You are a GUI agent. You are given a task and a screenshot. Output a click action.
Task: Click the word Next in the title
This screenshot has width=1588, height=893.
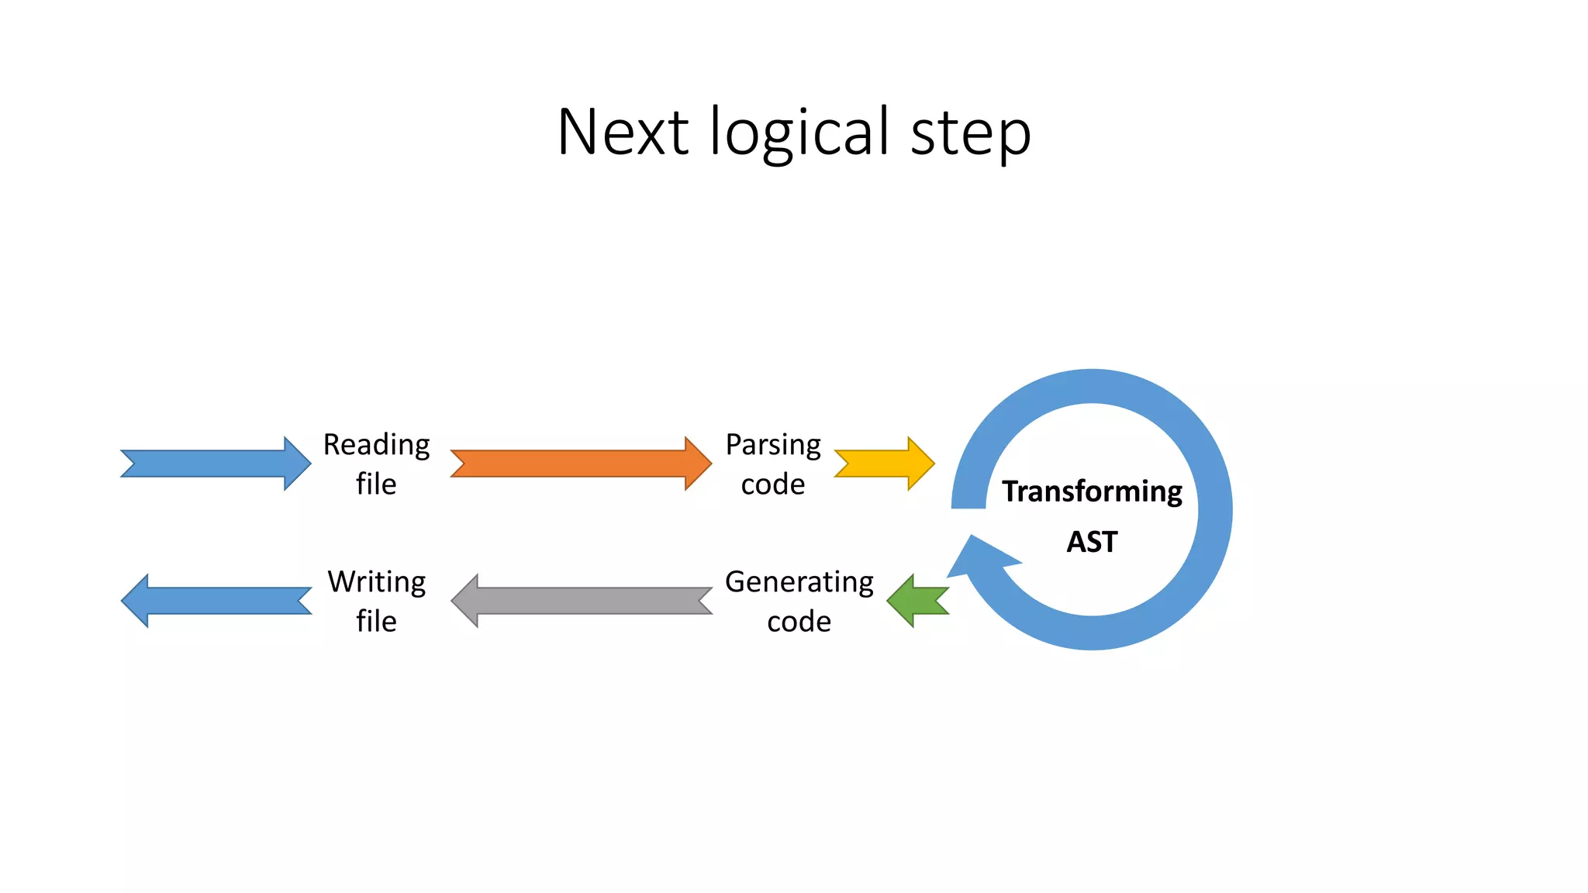(x=623, y=133)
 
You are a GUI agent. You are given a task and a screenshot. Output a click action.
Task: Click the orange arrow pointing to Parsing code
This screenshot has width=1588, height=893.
(x=580, y=464)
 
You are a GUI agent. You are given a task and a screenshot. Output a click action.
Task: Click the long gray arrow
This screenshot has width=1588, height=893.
(x=582, y=601)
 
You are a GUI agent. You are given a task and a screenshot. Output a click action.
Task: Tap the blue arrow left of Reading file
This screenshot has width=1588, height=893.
(x=216, y=464)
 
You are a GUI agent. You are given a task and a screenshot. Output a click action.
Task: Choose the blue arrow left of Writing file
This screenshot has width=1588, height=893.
(x=216, y=601)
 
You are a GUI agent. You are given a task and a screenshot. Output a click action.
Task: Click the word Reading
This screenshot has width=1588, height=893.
(x=376, y=446)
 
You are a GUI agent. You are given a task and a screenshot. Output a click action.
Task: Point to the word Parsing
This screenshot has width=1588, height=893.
(x=773, y=446)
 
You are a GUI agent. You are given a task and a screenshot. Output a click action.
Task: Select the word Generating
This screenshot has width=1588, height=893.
(x=799, y=583)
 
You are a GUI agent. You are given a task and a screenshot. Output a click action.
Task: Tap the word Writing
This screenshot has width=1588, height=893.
(x=376, y=582)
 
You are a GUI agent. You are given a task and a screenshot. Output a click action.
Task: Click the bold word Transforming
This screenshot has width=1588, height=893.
(x=1092, y=492)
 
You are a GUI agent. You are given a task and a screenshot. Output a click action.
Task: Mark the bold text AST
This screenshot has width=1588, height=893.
(x=1092, y=542)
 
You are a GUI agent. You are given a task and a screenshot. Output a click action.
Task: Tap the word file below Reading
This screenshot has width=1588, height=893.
(x=376, y=484)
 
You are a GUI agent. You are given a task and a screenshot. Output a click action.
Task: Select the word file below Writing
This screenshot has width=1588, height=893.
(x=376, y=622)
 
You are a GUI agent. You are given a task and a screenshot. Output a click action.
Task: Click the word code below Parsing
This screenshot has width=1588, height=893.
(x=773, y=485)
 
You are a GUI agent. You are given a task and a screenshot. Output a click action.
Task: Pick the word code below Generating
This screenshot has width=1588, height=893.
(x=799, y=622)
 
